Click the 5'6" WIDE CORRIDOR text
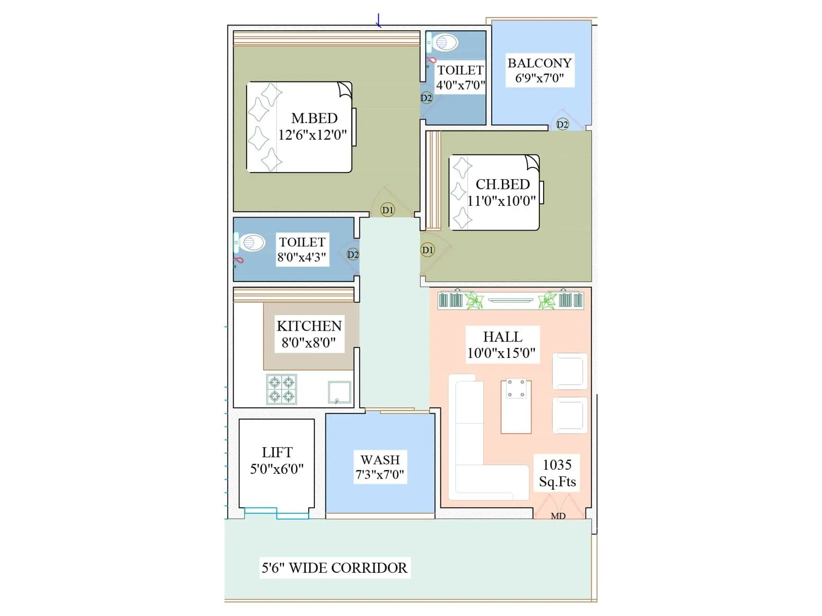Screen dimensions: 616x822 click(334, 568)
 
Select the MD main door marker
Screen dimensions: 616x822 click(558, 516)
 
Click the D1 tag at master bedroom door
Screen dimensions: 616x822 click(388, 210)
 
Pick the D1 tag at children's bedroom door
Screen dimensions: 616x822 click(427, 250)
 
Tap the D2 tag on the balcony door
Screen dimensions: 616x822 click(563, 124)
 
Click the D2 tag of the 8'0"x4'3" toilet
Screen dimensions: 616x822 click(353, 255)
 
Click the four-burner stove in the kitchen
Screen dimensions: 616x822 click(282, 389)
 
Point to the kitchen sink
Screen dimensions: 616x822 click(340, 392)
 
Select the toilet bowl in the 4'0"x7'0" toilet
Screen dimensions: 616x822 click(445, 43)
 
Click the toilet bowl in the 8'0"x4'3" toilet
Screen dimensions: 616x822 click(251, 242)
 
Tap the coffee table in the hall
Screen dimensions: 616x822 click(516, 406)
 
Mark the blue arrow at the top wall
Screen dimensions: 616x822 click(379, 21)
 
